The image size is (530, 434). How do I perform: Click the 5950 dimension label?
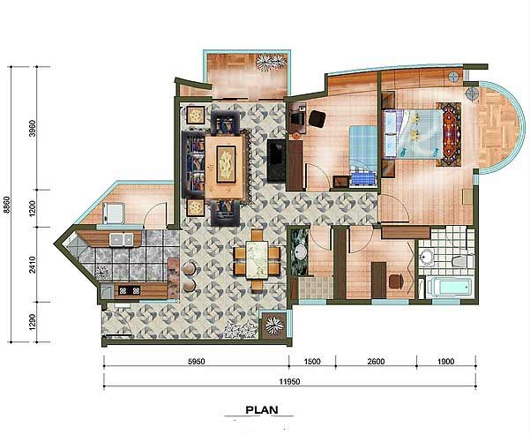point(196,362)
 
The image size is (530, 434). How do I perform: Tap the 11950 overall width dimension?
point(289,382)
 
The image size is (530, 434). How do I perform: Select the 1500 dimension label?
point(312,362)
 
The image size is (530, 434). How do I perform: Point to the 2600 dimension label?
point(376,362)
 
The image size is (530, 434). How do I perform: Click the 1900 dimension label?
point(446,362)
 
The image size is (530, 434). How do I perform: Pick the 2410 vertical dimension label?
point(33,265)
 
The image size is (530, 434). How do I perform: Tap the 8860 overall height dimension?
point(6,205)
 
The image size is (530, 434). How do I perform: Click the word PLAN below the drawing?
point(262,410)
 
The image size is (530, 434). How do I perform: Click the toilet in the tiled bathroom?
point(463,261)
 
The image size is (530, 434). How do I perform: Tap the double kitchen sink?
point(121,239)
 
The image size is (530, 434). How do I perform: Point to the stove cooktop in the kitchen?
point(129,290)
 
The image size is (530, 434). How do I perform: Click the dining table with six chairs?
point(257,260)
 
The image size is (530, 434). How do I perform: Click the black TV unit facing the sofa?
point(276,161)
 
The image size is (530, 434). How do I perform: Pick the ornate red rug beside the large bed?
point(449,135)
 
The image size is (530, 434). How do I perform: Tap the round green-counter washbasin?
point(300,251)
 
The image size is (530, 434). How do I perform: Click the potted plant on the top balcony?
point(271,62)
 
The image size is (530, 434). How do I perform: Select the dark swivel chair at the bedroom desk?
point(317,118)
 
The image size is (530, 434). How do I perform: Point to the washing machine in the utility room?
point(114,213)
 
